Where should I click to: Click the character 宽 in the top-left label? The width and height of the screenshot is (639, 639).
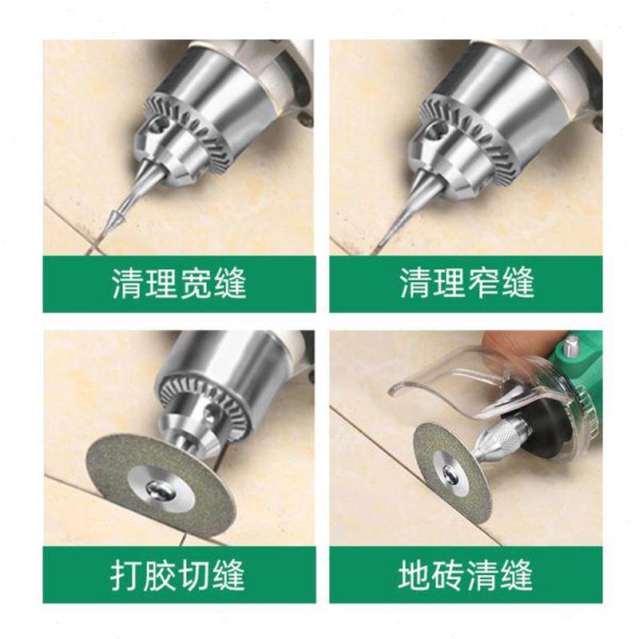[193, 284]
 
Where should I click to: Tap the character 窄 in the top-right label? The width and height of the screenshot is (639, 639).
[481, 284]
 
